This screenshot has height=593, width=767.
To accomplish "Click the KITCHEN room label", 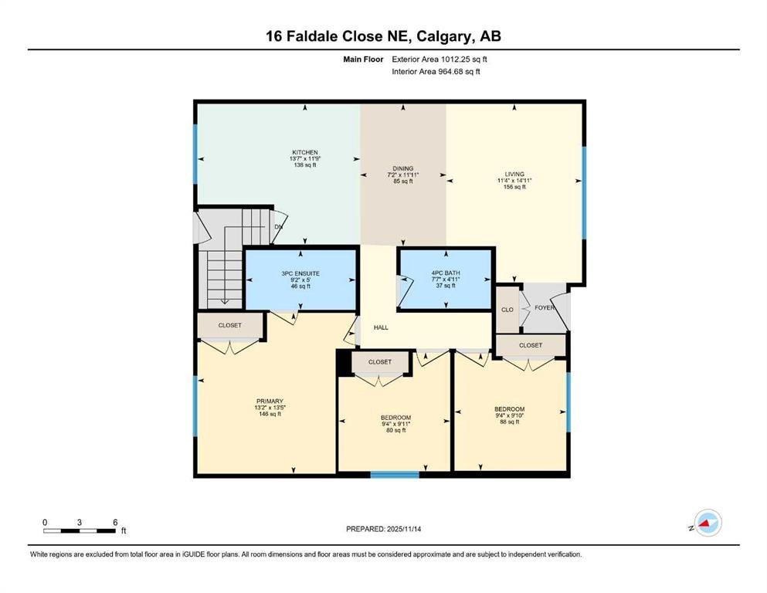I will click(x=304, y=152).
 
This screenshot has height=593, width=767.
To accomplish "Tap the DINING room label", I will click(x=402, y=168).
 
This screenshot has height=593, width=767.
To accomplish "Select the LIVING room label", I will click(x=514, y=175).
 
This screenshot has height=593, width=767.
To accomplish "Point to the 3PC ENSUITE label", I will click(x=300, y=273).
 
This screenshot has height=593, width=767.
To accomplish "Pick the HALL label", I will click(x=381, y=327).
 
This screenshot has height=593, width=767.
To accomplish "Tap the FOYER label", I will click(x=545, y=307).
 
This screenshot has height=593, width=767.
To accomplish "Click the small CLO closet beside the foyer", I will click(x=507, y=310).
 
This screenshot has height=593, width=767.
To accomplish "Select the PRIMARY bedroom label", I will click(x=270, y=401).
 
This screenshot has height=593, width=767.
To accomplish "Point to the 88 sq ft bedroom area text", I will click(x=509, y=422).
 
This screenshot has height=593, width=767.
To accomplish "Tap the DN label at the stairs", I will click(x=278, y=227).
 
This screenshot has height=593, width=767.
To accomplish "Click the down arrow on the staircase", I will click(x=223, y=301).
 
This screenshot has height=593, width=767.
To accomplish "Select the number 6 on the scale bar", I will click(x=114, y=522).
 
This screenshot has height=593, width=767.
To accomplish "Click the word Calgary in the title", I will click(x=439, y=36).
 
